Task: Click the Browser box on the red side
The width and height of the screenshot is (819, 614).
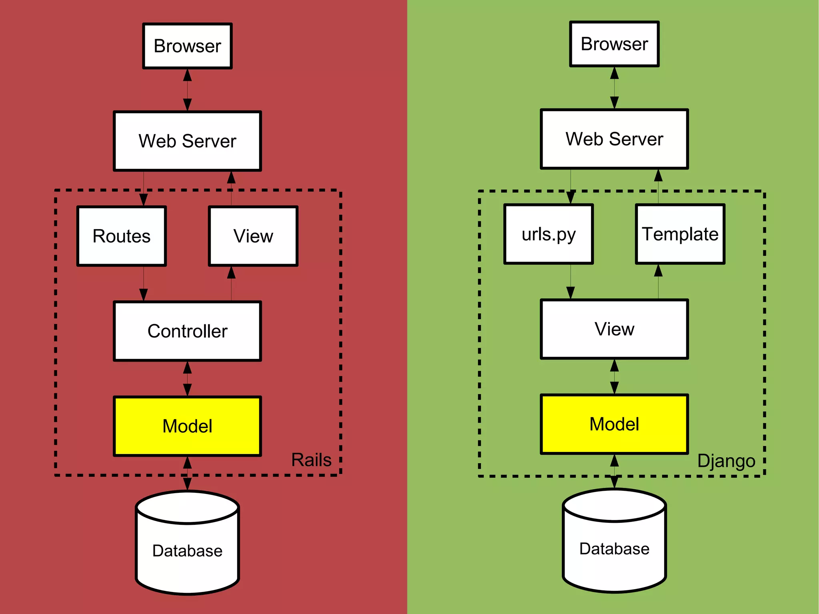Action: tap(187, 46)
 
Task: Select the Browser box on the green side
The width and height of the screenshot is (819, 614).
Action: tap(614, 44)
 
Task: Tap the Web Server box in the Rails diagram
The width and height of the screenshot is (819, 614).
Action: tap(187, 141)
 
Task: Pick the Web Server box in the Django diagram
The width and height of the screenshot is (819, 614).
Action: tap(614, 139)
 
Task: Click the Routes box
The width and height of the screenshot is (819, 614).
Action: tap(122, 236)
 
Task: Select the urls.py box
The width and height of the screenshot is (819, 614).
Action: tap(549, 234)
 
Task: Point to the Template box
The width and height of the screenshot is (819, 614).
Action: tap(680, 234)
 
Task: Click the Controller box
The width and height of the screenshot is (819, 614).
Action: tap(187, 331)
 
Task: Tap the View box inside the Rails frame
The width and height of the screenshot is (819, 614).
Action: tap(253, 236)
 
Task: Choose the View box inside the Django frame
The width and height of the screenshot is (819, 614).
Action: tap(614, 329)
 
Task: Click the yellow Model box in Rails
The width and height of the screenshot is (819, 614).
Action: tap(187, 426)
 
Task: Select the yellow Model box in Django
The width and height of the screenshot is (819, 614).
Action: tap(614, 424)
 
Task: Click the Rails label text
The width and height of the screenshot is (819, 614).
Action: tap(311, 460)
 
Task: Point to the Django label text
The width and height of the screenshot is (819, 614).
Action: tap(726, 461)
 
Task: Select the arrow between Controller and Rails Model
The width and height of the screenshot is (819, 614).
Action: tap(187, 379)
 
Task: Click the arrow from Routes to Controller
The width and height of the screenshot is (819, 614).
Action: tap(144, 283)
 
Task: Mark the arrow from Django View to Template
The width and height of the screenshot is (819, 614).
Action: tap(658, 282)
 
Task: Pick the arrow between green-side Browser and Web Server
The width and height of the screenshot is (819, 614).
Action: tap(614, 88)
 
